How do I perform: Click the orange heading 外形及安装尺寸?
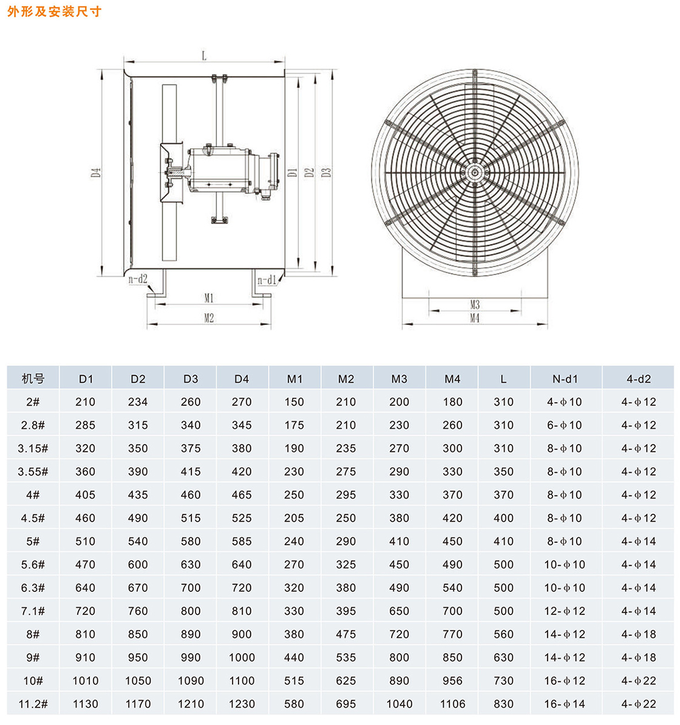54,12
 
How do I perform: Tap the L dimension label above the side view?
204,56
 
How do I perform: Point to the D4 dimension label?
96,172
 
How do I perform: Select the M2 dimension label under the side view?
209,318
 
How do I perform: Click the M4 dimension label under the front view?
475,318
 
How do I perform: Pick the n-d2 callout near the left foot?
138,279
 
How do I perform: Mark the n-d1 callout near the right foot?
267,281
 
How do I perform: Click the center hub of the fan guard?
474,172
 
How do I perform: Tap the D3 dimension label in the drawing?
326,172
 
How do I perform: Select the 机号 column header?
33,379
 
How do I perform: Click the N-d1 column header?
565,379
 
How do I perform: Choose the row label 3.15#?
33,449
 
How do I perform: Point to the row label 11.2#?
33,704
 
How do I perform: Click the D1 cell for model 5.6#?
86,565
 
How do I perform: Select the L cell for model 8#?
503,635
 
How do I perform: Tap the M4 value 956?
452,681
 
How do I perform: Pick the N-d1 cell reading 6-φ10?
565,426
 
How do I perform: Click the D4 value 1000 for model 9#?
242,658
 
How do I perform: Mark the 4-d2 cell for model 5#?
639,542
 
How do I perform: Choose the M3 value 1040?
399,704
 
